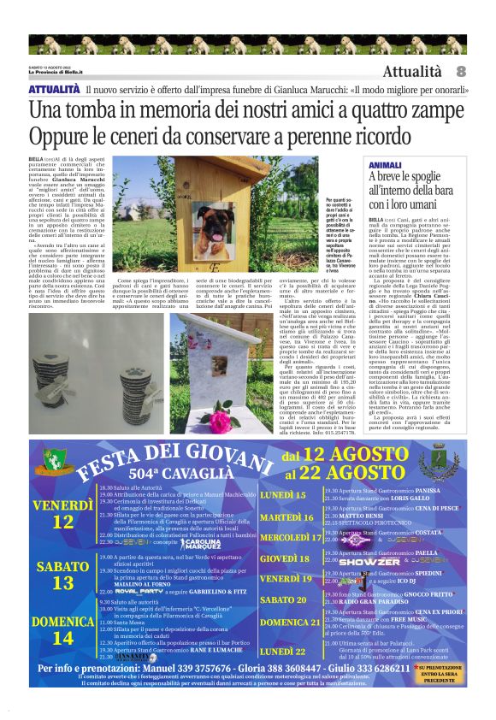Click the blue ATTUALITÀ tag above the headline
pos(55,89)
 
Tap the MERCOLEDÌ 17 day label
pos(291,538)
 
